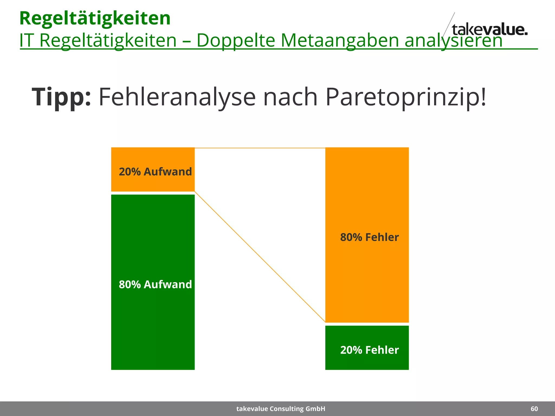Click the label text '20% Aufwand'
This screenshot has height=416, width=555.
(x=155, y=172)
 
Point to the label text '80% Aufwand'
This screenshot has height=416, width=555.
(x=155, y=284)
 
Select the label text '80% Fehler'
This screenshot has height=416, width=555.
(x=369, y=237)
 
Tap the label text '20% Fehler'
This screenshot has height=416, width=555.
(x=369, y=350)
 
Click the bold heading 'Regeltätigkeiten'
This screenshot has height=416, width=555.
(x=95, y=18)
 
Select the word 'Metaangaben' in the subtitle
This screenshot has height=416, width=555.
(x=340, y=41)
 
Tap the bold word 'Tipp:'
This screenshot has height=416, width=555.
(x=61, y=97)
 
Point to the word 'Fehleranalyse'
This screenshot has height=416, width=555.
(x=177, y=97)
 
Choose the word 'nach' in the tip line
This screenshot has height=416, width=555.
(x=290, y=97)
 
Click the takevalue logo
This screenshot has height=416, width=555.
(x=489, y=30)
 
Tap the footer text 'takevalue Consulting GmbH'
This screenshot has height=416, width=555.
(x=281, y=409)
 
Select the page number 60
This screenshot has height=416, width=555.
(x=534, y=409)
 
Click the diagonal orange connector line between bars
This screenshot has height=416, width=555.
(x=260, y=257)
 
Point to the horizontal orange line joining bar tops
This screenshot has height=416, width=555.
(x=260, y=148)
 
